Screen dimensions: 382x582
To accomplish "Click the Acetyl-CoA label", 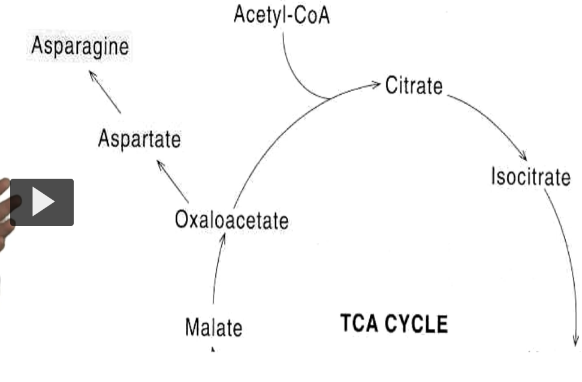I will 281,15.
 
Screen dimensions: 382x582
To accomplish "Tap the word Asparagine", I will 80,47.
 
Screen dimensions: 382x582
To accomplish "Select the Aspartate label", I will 138,139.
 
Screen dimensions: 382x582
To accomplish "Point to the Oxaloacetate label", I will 231,220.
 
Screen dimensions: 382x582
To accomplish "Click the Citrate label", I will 414,86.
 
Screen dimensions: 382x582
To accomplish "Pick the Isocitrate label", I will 530,177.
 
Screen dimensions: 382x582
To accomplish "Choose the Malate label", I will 213,328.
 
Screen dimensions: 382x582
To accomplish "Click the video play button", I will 42,203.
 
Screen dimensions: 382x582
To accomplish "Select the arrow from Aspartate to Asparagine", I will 105,92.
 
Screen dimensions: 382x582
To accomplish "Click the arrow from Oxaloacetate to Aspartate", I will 173,182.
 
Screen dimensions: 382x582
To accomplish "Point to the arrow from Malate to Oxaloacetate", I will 216,270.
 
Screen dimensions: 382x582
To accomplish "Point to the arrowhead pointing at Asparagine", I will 92,74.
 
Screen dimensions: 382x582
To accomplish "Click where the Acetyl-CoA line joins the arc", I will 328,98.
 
